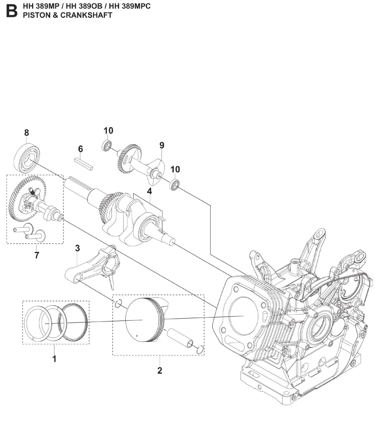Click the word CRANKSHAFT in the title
[86, 15]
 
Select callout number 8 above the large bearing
[26, 133]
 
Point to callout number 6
[80, 149]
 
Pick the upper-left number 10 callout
[108, 131]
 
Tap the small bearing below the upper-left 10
[106, 145]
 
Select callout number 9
[162, 145]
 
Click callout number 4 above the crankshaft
[149, 191]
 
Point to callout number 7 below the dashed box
[37, 255]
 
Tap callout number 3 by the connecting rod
[77, 248]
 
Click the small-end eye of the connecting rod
[77, 280]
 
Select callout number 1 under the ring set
[54, 359]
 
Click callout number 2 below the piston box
[160, 370]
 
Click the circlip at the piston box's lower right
[200, 350]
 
